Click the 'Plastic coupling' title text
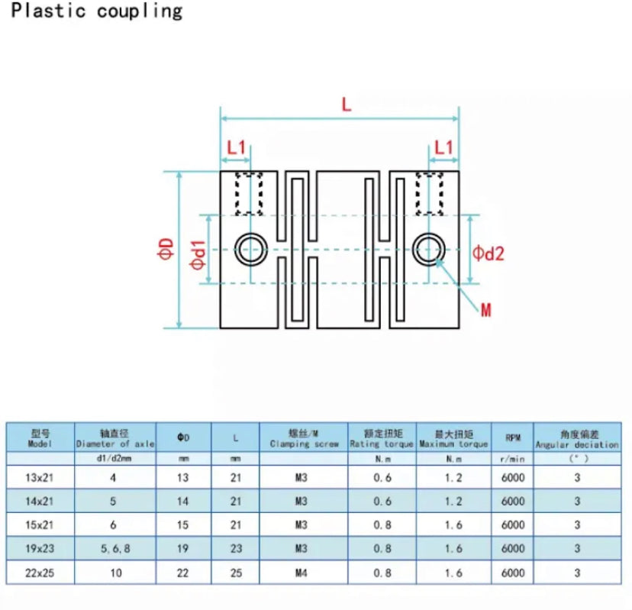click(97, 11)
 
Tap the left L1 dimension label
click(237, 147)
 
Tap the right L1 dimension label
click(443, 147)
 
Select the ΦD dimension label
click(166, 249)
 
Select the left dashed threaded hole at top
click(250, 194)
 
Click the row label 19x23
click(40, 547)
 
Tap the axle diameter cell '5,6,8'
click(115, 547)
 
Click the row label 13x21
click(40, 477)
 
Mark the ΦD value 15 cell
click(183, 524)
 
